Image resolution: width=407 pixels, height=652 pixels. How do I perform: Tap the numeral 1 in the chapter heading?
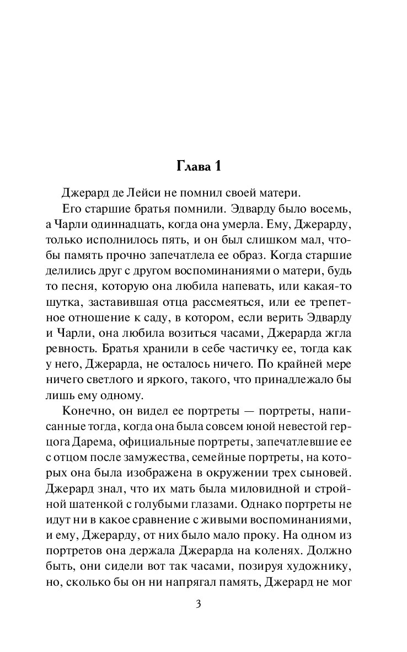click(226, 166)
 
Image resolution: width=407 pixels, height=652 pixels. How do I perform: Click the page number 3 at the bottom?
click(203, 604)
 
